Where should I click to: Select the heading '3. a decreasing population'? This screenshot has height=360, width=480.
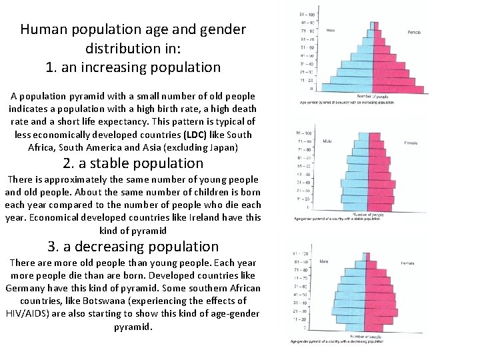pos(133,247)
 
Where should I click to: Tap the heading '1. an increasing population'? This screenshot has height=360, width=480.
pos(133,67)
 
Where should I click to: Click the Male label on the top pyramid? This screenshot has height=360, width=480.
pos(331,31)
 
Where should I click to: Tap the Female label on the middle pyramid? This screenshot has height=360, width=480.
pos(411,143)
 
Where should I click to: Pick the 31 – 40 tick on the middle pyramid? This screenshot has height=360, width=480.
pos(303,182)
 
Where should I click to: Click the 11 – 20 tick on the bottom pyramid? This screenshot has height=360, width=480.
pos(300,319)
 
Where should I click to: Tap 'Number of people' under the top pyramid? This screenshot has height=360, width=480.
pos(373,97)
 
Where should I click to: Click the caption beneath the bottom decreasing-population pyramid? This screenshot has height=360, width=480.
pos(337,342)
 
